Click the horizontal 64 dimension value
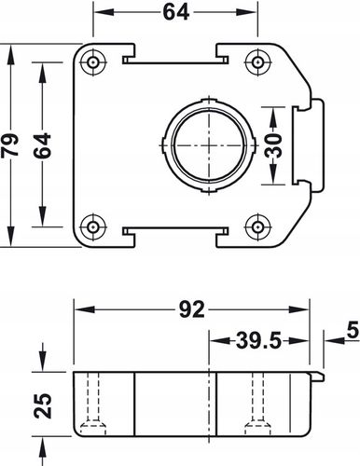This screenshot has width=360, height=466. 174,14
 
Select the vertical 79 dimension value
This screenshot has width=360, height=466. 11,144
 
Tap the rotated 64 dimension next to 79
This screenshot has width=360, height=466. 42,144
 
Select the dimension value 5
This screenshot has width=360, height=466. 351,329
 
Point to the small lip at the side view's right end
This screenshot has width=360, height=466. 317,375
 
